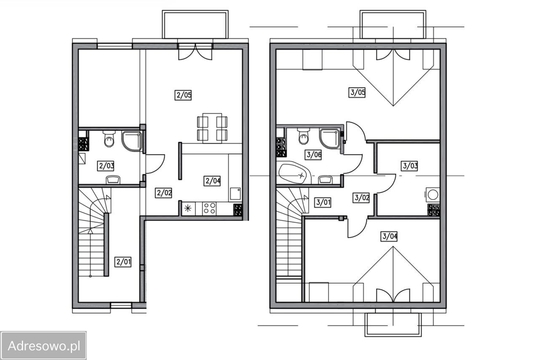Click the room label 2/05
183,95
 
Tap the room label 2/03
106,166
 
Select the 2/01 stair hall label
123,262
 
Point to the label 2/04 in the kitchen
213,181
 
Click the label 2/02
164,193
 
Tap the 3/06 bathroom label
314,155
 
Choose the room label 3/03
410,166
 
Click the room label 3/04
389,236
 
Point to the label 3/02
361,198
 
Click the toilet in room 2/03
109,139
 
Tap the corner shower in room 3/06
330,139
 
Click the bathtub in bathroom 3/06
295,173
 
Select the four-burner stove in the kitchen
209,208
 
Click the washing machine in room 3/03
432,195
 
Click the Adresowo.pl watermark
43,346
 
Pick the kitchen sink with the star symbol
188,208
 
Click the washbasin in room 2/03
113,180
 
